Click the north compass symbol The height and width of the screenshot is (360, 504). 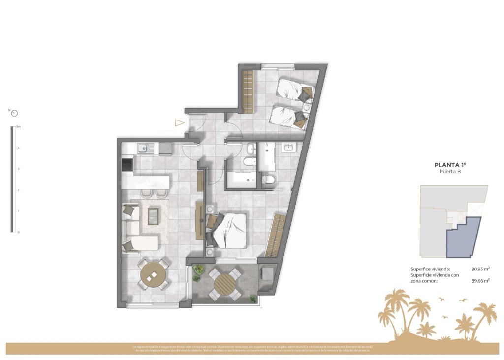(x=15, y=113)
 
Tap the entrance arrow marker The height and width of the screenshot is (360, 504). (x=180, y=123)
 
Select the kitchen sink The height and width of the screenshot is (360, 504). (x=143, y=148)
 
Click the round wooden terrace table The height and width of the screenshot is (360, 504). (x=225, y=284)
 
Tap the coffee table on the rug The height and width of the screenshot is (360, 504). (x=153, y=215)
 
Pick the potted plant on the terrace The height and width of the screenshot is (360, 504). (x=198, y=270)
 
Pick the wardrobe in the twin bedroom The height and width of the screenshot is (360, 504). (x=248, y=91)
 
